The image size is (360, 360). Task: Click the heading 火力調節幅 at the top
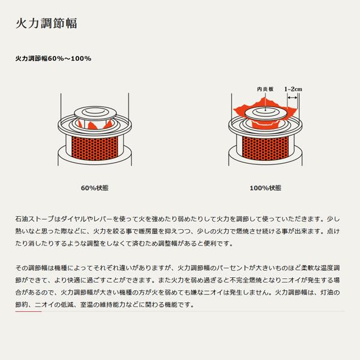coord(46,23)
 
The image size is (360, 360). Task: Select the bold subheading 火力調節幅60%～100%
coord(53,59)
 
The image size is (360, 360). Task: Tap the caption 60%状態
coord(95,188)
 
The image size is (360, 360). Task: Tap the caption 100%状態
coord(265,188)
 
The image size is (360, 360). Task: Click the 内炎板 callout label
coord(265,89)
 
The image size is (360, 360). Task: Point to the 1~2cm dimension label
coord(293,89)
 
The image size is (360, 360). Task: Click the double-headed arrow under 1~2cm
coord(293,98)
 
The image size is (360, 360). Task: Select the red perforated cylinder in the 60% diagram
coord(95,148)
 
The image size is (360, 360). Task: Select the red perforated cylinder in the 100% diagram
coord(265,148)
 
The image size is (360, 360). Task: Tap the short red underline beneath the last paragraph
coord(28,311)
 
